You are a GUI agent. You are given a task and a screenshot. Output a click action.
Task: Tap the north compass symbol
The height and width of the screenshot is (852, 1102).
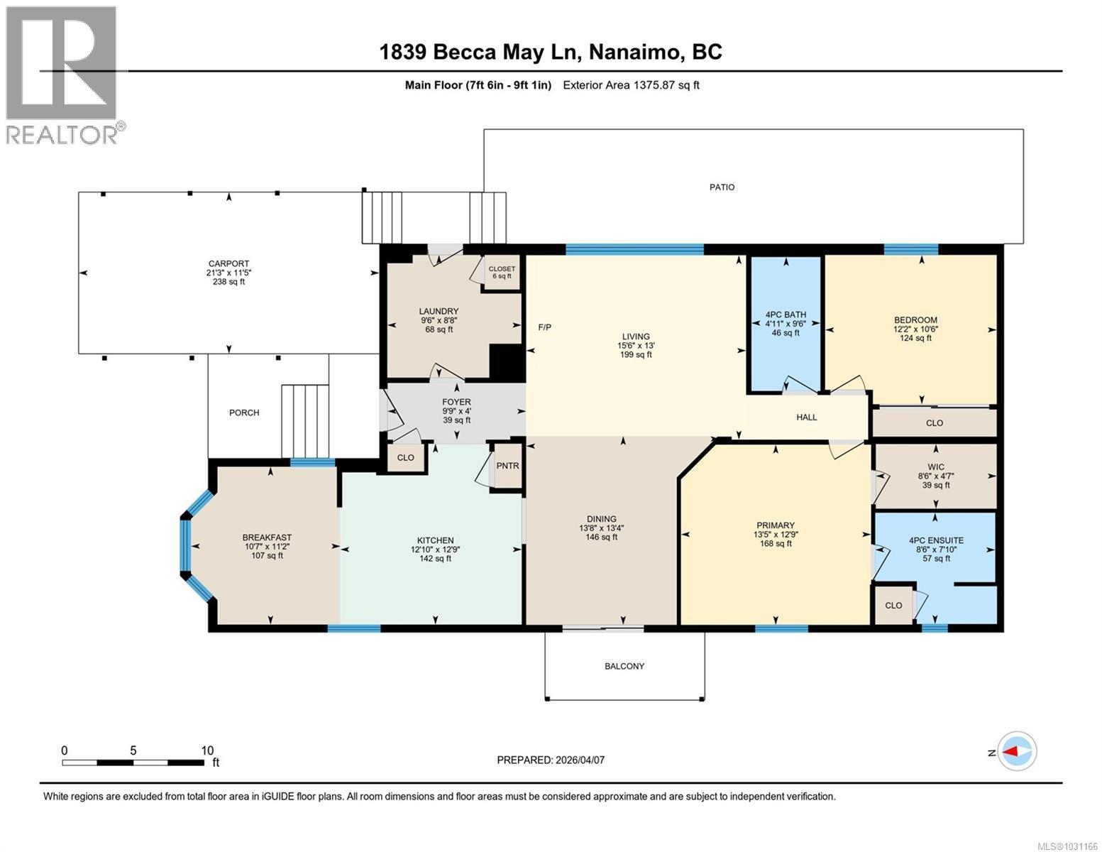(x=1017, y=750)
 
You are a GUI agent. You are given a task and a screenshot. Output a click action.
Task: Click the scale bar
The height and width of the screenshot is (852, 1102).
(x=133, y=763)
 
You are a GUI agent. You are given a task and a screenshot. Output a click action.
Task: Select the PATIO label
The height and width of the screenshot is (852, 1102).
(x=722, y=187)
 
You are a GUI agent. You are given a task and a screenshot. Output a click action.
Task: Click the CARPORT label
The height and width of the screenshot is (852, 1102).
(x=228, y=263)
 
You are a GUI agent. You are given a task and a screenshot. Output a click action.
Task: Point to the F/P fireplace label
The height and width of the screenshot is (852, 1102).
(x=544, y=327)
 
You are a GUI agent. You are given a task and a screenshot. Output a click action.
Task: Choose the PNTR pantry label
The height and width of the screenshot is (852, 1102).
(x=507, y=466)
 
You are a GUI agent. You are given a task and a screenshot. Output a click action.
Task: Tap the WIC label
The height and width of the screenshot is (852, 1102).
(x=935, y=467)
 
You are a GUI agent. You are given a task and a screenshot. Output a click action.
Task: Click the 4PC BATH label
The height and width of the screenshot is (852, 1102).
(x=785, y=315)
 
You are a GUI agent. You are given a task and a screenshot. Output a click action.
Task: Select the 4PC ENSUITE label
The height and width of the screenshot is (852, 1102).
(x=936, y=540)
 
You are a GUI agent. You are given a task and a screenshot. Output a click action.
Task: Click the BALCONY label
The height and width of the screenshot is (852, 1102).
(x=624, y=666)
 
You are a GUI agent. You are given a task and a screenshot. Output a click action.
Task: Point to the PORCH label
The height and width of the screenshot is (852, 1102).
(x=244, y=413)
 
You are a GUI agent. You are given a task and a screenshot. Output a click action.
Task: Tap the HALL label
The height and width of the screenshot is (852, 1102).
(x=806, y=417)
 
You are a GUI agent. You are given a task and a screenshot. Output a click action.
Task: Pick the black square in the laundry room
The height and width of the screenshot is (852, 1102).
(x=507, y=362)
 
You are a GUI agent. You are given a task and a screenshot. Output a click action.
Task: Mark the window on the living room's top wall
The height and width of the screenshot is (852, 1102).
(x=634, y=248)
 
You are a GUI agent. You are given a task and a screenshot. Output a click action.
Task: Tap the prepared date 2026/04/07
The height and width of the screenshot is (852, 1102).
(x=551, y=760)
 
